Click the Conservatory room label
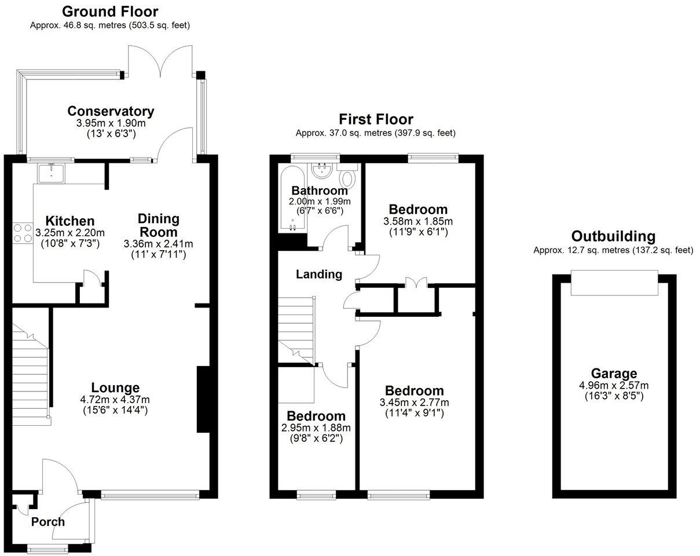[x=111, y=111]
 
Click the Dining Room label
[x=158, y=225]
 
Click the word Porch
[x=48, y=522]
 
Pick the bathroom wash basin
[x=320, y=170]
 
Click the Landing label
[x=319, y=275]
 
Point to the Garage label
[x=614, y=374]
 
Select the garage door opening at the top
[x=614, y=283]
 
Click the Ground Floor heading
[x=110, y=12]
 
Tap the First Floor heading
[x=376, y=119]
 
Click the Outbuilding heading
[x=613, y=236]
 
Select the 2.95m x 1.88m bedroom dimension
[x=316, y=428]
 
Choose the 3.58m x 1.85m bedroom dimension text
[x=417, y=222]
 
